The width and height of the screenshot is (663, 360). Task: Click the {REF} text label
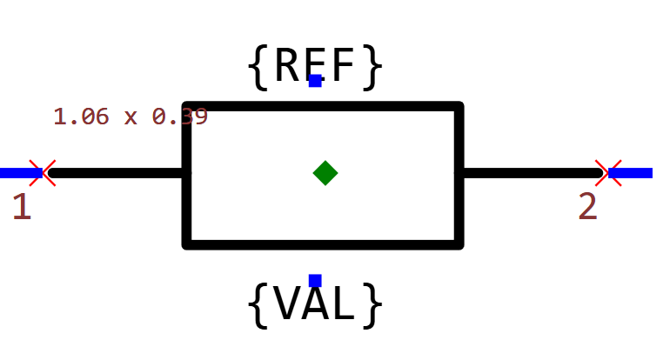point(315,66)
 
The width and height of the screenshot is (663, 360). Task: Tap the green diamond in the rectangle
point(325,173)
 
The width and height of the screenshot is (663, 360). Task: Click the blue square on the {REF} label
point(315,81)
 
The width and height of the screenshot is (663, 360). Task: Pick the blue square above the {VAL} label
point(315,280)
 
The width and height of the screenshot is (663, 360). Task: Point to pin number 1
point(22,207)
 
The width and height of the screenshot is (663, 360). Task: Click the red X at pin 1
point(43,173)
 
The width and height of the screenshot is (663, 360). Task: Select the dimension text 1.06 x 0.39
point(131,117)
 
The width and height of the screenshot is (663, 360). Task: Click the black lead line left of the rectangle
point(117,173)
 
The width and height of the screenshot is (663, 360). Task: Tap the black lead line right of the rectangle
point(531,173)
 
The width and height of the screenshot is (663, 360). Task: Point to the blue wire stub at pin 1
point(16,173)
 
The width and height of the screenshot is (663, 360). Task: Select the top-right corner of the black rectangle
point(459,107)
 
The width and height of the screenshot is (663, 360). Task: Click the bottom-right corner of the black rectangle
point(459,244)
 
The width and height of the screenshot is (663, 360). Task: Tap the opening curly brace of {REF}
point(258,67)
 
